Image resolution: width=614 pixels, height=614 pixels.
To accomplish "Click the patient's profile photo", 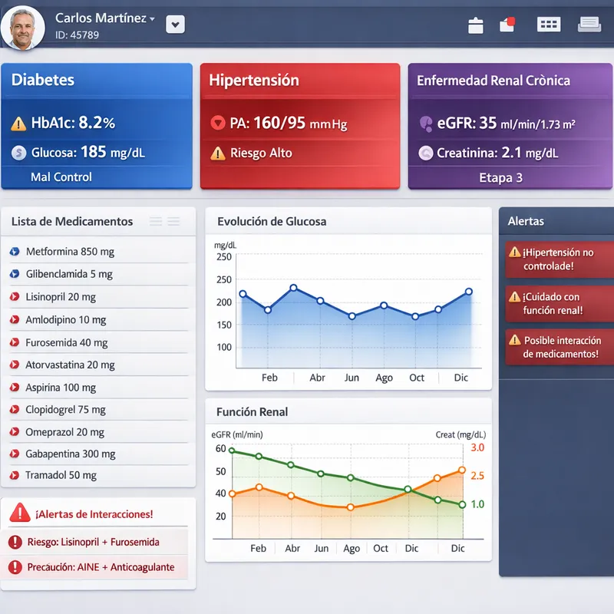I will pyautogui.click(x=24, y=26).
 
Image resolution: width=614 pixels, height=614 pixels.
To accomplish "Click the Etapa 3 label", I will pyautogui.click(x=500, y=177).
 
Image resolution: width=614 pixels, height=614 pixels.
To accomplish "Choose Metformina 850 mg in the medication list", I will pyautogui.click(x=70, y=252).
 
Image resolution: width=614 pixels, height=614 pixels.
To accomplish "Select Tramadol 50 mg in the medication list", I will pyautogui.click(x=61, y=475).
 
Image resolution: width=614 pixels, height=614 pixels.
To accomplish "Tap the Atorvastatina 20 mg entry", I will pyautogui.click(x=70, y=365).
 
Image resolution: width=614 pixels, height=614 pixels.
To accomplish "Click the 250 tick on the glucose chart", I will pyautogui.click(x=223, y=257).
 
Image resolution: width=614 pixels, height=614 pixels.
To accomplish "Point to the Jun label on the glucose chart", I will pyautogui.click(x=352, y=378).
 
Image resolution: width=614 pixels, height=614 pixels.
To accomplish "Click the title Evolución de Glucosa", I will pyautogui.click(x=272, y=222).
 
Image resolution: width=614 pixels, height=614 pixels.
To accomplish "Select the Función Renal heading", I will pyautogui.click(x=253, y=412).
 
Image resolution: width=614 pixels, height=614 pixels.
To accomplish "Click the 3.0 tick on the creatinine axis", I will pyautogui.click(x=477, y=447).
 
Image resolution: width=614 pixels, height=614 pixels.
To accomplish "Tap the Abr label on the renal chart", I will pyautogui.click(x=292, y=549).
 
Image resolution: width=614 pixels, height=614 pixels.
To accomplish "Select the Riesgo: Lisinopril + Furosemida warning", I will pyautogui.click(x=93, y=542).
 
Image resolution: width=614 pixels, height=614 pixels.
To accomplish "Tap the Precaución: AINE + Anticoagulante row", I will pyautogui.click(x=101, y=567).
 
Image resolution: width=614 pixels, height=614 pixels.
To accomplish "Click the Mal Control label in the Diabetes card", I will pyautogui.click(x=61, y=177).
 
